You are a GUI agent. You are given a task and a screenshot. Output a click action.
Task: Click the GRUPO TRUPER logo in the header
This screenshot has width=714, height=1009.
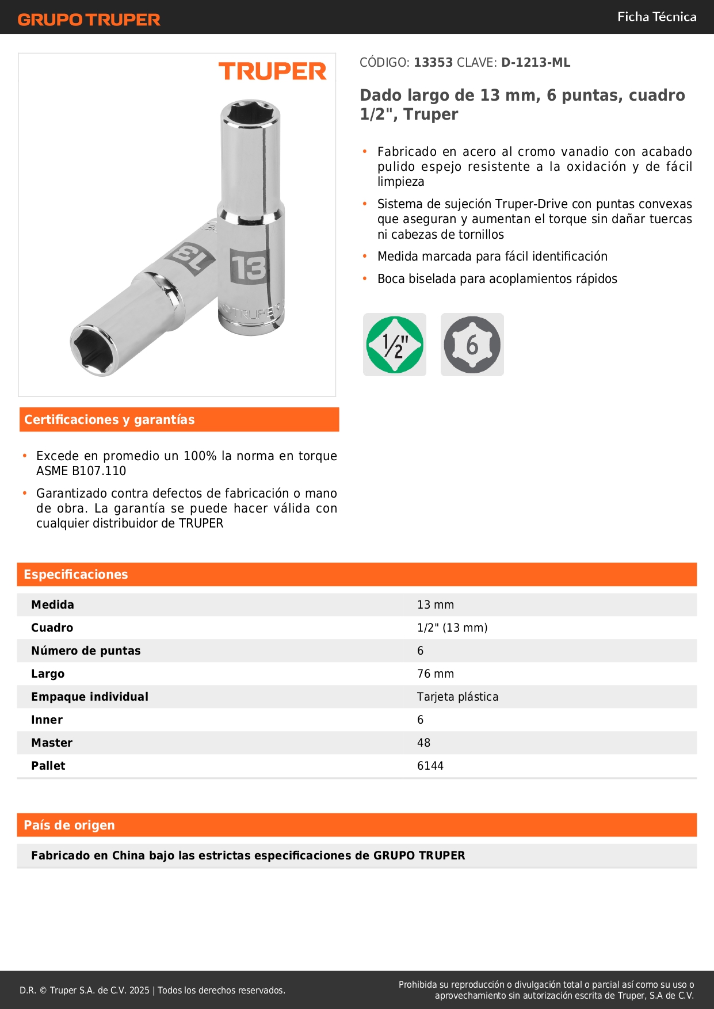click(x=89, y=20)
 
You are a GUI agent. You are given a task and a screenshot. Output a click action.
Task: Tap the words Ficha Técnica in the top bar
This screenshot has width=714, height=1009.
click(x=656, y=17)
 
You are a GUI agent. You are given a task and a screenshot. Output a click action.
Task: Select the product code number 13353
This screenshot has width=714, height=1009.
click(x=433, y=63)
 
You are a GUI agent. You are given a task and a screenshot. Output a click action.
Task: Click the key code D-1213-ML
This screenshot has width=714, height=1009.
click(x=536, y=63)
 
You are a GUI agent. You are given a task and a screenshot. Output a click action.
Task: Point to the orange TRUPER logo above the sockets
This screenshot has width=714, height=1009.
click(x=272, y=71)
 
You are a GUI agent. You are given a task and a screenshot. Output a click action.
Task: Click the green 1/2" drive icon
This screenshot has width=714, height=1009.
click(x=395, y=345)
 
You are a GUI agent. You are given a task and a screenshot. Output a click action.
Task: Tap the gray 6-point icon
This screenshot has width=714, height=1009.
click(x=472, y=345)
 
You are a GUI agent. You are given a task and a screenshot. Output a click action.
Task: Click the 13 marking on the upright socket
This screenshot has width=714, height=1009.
click(x=249, y=267)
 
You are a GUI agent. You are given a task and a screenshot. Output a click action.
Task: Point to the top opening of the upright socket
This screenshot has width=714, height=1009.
click(x=250, y=113)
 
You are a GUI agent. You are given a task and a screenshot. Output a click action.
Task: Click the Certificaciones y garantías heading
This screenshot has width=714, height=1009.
click(x=109, y=419)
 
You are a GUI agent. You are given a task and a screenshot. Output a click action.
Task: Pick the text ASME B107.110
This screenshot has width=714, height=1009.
click(x=81, y=471)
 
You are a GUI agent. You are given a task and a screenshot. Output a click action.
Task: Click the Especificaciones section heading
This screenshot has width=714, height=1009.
click(x=76, y=574)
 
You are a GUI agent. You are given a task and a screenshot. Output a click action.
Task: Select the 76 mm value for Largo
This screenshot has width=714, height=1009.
click(x=436, y=674)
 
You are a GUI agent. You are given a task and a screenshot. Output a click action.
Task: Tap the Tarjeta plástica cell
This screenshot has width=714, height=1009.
click(x=457, y=697)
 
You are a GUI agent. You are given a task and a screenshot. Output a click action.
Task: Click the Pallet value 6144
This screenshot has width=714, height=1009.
click(x=430, y=766)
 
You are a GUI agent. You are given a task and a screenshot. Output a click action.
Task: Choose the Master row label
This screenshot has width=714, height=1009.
click(x=52, y=743)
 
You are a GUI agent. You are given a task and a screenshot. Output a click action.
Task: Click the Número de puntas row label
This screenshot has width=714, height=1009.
click(x=86, y=651)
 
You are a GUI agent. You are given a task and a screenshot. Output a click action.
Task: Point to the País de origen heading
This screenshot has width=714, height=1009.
click(x=69, y=825)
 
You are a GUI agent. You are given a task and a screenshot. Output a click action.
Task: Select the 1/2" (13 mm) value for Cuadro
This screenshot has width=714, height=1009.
click(x=452, y=628)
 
